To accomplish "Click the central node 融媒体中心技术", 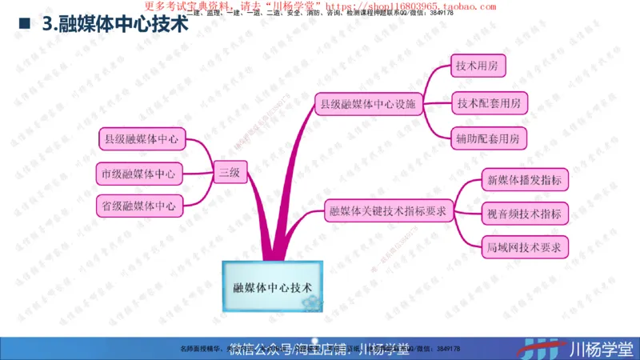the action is click(x=272, y=286).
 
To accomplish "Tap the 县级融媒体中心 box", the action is click(x=141, y=139).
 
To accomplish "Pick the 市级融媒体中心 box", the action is click(x=139, y=172).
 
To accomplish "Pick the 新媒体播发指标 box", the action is click(x=524, y=179).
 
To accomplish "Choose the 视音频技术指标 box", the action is click(x=524, y=213).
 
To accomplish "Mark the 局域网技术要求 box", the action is click(x=524, y=246).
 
